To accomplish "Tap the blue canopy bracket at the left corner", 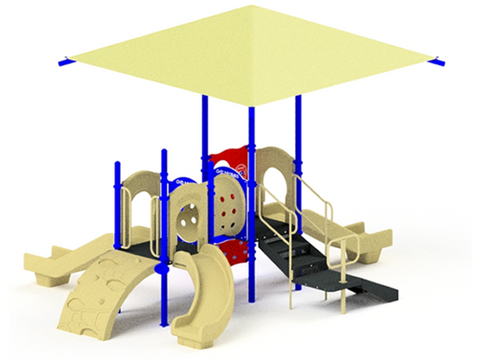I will tap(66, 64).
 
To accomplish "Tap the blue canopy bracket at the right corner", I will tap(436, 63).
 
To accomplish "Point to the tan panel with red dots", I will tap(228, 210).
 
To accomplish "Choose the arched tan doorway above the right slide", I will tap(277, 180).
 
